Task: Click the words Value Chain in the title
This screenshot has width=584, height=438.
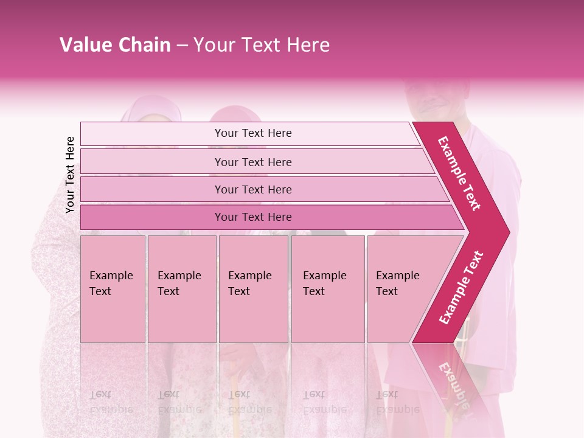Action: point(115,45)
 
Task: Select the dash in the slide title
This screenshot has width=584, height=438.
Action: point(182,45)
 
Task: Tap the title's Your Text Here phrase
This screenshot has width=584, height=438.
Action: point(262,45)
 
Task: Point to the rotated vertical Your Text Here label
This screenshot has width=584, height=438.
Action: point(70,175)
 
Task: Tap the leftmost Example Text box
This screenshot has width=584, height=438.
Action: point(113,289)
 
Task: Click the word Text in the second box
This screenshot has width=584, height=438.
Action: point(169,291)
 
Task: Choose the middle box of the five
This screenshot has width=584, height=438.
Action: point(253,289)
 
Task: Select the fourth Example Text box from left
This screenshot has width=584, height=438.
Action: point(328,289)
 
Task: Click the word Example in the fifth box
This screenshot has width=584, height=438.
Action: point(398,276)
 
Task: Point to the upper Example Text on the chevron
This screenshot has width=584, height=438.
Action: point(459,173)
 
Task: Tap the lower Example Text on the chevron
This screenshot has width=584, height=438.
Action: point(461,288)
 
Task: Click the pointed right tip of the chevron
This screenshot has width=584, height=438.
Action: point(508,232)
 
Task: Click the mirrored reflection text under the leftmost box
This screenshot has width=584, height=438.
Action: point(111,401)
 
